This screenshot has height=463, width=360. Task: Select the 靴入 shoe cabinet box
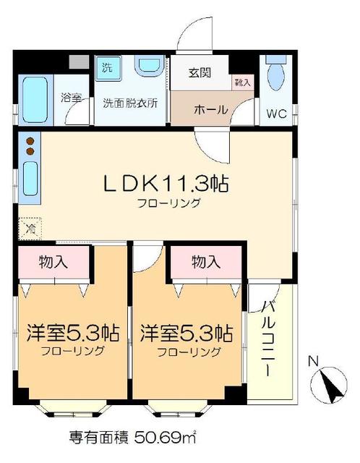243,82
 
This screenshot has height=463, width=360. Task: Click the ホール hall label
210,110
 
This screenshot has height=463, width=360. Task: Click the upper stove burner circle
31,141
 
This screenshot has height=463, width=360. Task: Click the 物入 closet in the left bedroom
54,261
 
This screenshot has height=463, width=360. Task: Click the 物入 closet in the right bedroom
205,262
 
